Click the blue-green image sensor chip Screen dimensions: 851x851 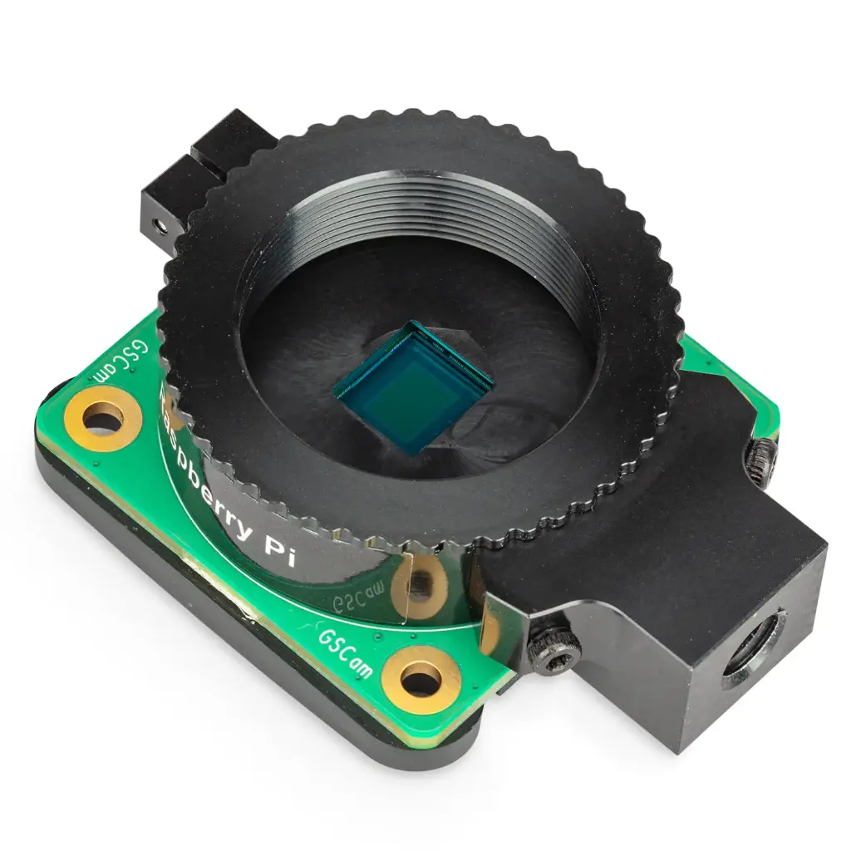tap(414, 386)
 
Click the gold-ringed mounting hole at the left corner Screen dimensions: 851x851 tap(102, 418)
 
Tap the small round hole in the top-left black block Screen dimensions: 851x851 tap(158, 224)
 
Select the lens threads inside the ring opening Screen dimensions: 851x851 tap(432, 216)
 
